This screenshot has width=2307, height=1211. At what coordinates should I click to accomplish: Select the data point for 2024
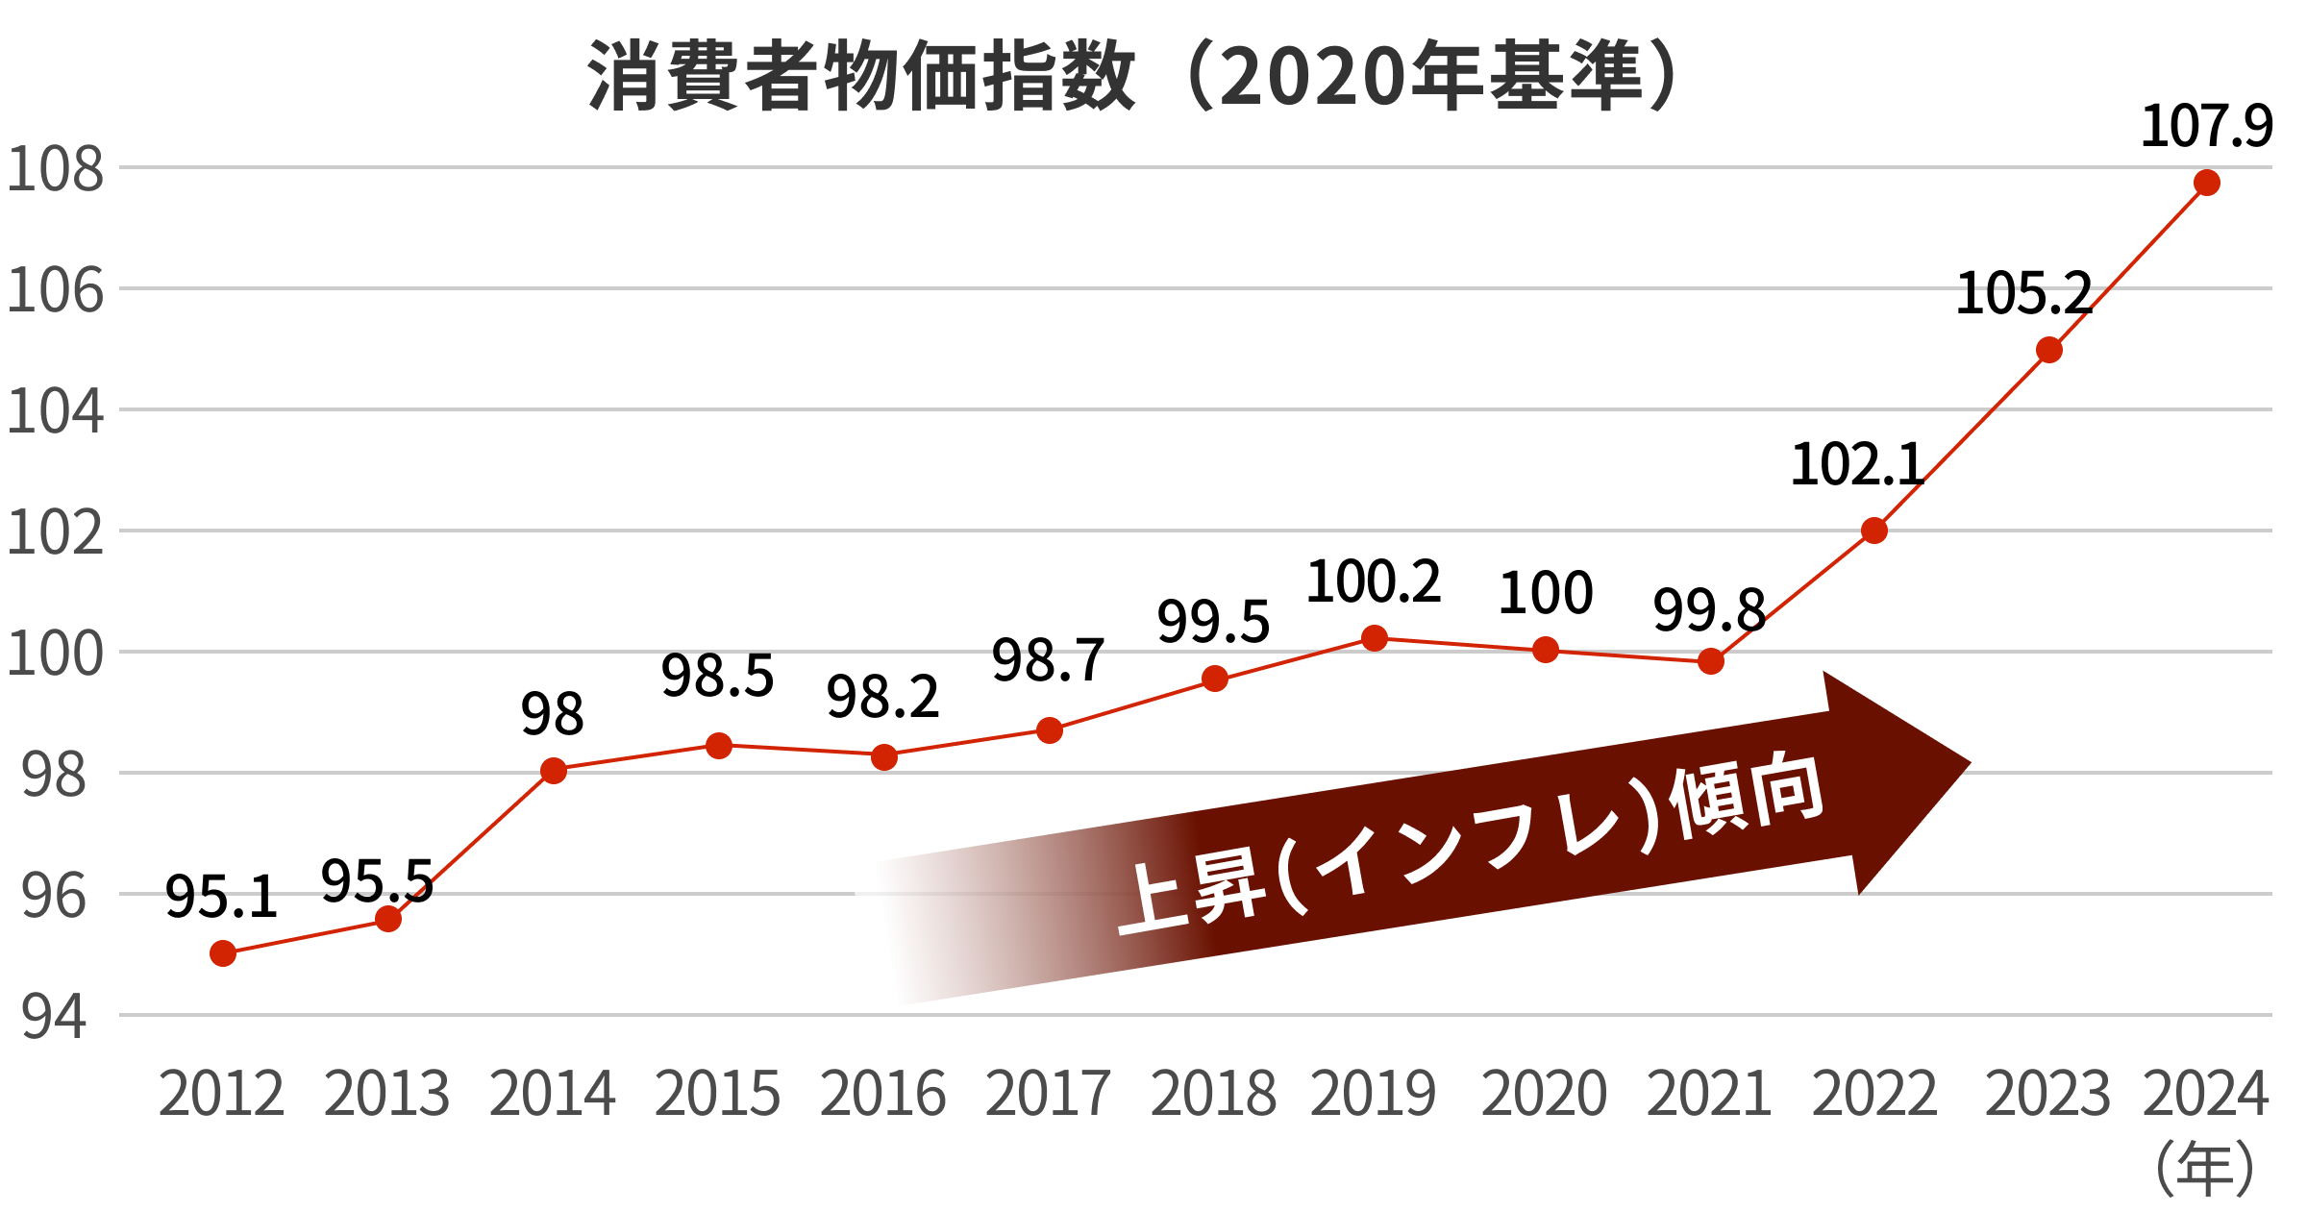tap(2207, 183)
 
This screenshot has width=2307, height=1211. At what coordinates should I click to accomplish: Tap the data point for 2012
tap(223, 953)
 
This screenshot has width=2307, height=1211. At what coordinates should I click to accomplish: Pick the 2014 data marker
tap(554, 771)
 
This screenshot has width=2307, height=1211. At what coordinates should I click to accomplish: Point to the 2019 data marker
tap(1375, 638)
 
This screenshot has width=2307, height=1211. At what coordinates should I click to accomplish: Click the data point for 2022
tap(1874, 531)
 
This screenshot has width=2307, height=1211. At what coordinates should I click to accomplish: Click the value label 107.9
tap(2206, 126)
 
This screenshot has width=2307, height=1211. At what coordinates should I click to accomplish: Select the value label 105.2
tap(2023, 293)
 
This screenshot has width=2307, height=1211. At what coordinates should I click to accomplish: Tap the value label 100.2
tap(1374, 581)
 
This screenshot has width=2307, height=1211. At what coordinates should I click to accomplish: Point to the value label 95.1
tap(221, 897)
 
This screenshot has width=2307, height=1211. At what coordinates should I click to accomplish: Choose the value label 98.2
tap(882, 697)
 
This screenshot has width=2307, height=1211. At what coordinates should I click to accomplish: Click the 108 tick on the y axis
tap(56, 170)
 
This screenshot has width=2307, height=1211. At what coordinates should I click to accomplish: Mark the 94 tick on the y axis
tap(55, 1017)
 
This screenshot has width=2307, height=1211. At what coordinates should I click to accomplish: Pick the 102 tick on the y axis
tap(56, 532)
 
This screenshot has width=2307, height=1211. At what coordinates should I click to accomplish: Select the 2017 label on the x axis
tap(1049, 1094)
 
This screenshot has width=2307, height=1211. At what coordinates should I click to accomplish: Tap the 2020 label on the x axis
tap(1545, 1094)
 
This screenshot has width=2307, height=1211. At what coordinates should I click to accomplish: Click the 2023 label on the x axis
tap(2048, 1094)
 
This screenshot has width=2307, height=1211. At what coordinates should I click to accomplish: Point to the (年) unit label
tap(2205, 1169)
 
